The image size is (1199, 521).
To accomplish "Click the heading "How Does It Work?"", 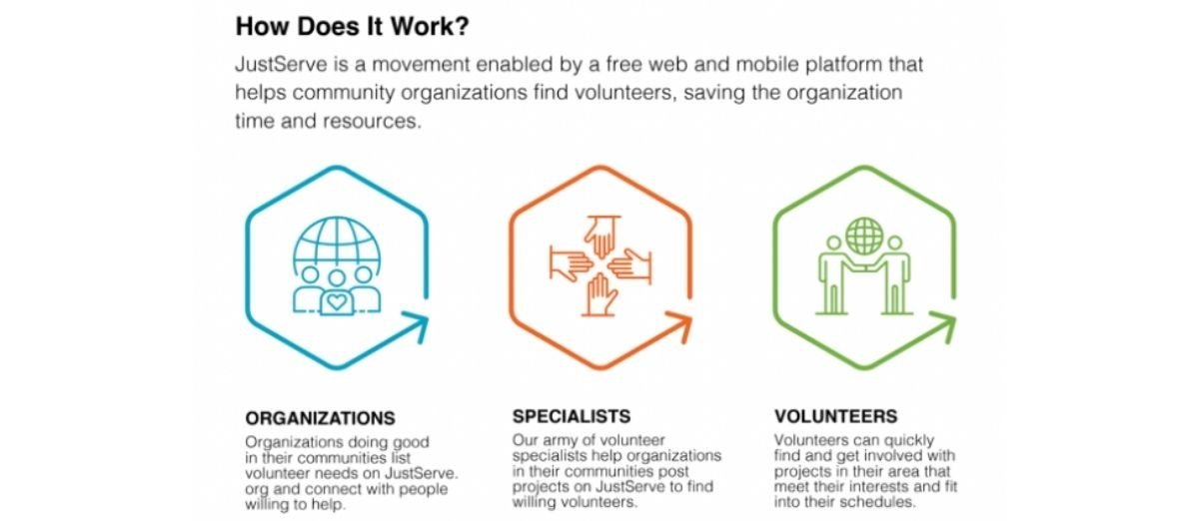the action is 352,26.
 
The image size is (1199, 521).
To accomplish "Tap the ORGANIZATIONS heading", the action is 320,418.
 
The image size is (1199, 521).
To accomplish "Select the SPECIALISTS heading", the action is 572,416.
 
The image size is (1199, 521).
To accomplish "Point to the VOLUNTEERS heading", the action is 835,416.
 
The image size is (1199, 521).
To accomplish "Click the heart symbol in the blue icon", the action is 337,302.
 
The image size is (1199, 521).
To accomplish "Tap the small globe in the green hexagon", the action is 864,236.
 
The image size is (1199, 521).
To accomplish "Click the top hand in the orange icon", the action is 602,237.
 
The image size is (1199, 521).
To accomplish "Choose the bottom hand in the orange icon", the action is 600,294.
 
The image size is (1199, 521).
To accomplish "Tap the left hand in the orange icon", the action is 571,263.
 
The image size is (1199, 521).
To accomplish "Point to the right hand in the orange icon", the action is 630,265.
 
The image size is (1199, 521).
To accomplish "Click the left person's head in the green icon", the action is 833,244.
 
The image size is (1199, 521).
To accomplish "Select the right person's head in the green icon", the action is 894,244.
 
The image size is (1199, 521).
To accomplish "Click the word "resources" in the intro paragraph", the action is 373,121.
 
